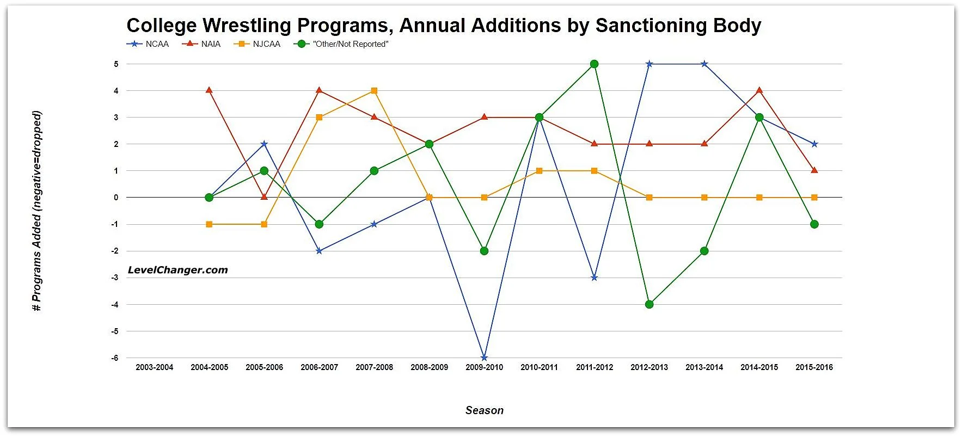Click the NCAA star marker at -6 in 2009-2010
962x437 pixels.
[484, 358]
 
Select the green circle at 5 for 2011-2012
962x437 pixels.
[594, 64]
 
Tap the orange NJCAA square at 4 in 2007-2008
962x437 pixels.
[374, 91]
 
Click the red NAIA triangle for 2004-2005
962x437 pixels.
[209, 90]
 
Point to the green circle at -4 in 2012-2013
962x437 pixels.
[649, 304]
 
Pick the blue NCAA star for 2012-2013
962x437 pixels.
[649, 64]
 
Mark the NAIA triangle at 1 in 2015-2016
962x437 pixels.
[814, 170]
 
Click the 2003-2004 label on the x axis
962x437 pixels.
[154, 367]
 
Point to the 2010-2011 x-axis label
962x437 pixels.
[539, 367]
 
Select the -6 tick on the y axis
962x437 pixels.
[115, 358]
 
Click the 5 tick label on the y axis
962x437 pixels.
[116, 64]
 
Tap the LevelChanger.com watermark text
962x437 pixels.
[177, 270]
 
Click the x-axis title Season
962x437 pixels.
[484, 410]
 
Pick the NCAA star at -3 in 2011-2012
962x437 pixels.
[594, 278]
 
